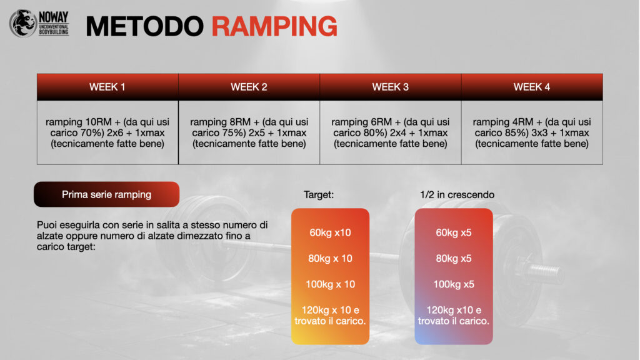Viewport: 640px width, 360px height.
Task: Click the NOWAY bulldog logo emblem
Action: [23, 23]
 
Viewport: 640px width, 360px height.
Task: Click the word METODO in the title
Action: [145, 26]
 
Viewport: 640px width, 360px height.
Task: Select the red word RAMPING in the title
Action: [274, 26]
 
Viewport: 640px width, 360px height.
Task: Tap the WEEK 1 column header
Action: [107, 87]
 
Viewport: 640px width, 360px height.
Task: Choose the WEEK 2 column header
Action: [249, 87]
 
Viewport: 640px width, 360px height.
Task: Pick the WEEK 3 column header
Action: [391, 87]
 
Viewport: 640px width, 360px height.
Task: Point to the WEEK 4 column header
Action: [532, 87]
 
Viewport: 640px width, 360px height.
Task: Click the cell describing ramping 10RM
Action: [107, 132]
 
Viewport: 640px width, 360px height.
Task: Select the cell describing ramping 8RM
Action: [249, 132]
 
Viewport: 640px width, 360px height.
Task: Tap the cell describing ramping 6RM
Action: [391, 132]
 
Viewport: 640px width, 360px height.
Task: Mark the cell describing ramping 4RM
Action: [532, 132]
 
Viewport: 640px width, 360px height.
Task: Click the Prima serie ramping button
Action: [106, 194]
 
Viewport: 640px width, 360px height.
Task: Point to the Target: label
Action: [319, 195]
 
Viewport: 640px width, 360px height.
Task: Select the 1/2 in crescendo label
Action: [457, 195]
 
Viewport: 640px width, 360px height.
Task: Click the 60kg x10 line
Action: [330, 232]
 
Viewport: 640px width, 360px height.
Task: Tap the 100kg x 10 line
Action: [330, 284]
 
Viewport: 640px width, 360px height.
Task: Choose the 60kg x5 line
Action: [454, 232]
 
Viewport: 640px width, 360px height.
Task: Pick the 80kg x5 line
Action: [454, 258]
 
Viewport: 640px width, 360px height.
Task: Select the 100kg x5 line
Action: [454, 284]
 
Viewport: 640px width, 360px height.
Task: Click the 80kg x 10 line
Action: [330, 258]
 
